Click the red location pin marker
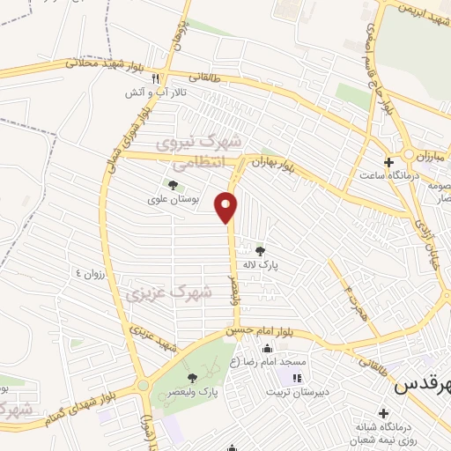[227, 207]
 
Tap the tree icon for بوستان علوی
[171, 185]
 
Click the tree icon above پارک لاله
[259, 251]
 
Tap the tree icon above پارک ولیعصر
[192, 378]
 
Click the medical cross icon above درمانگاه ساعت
[388, 162]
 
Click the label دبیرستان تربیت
[299, 391]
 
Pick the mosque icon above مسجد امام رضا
[267, 349]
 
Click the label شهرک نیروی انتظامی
[196, 152]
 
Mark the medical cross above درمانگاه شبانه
[384, 412]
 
